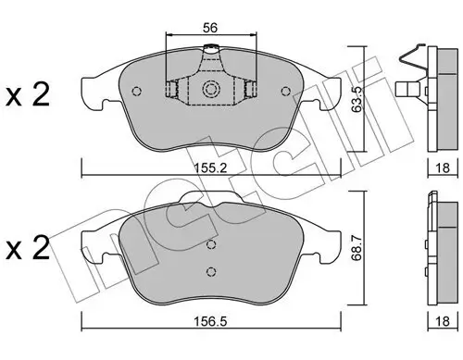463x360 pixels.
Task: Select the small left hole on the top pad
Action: pyautogui.click(x=137, y=91)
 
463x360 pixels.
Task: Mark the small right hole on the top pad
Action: pyautogui.click(x=284, y=91)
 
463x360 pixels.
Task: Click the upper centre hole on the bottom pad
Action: pyautogui.click(x=212, y=245)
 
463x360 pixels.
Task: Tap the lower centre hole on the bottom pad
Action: pyautogui.click(x=212, y=270)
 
